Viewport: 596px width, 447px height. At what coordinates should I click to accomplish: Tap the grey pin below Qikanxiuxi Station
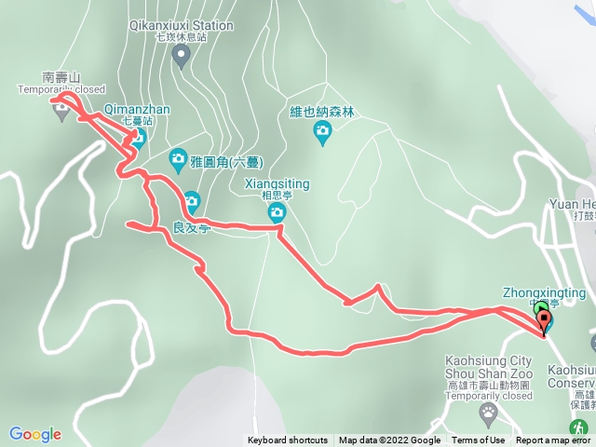[182, 56]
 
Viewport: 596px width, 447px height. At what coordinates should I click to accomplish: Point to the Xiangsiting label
[277, 184]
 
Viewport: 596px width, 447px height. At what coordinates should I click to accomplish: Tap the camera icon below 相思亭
[277, 214]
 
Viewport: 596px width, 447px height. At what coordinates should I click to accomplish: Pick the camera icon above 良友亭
[192, 199]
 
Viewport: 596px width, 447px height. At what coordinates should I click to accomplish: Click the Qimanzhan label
[137, 110]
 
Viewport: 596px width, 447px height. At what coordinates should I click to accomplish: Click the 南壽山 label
[61, 78]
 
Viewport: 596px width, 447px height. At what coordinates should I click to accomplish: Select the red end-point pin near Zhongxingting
[544, 322]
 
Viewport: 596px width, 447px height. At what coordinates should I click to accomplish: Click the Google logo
[34, 434]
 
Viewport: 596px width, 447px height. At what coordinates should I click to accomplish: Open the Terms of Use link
[478, 440]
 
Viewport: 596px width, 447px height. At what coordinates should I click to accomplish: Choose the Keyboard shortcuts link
[288, 440]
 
